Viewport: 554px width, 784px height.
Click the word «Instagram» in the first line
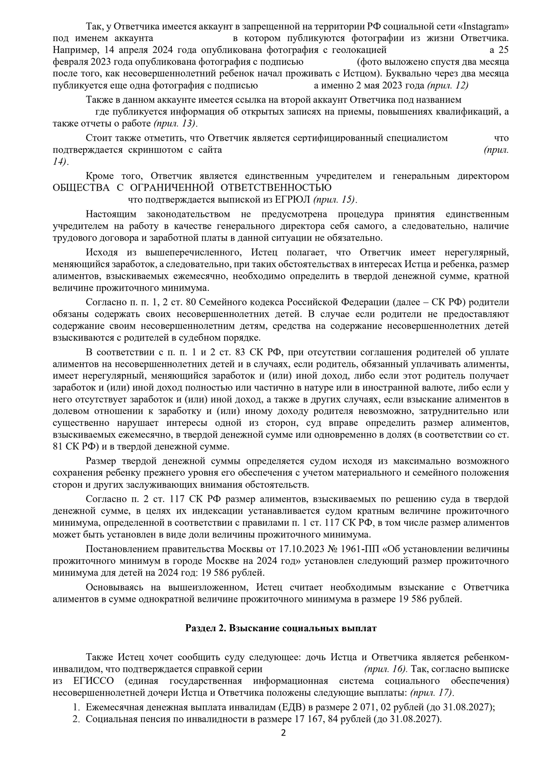(486, 26)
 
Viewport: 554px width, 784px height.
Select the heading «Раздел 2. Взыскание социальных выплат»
(281, 628)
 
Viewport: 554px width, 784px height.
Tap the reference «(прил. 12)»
(448, 85)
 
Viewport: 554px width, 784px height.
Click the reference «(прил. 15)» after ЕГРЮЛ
(335, 200)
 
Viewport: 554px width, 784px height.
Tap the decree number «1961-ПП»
(363, 549)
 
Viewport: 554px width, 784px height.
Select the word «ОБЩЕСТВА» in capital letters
(81, 188)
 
